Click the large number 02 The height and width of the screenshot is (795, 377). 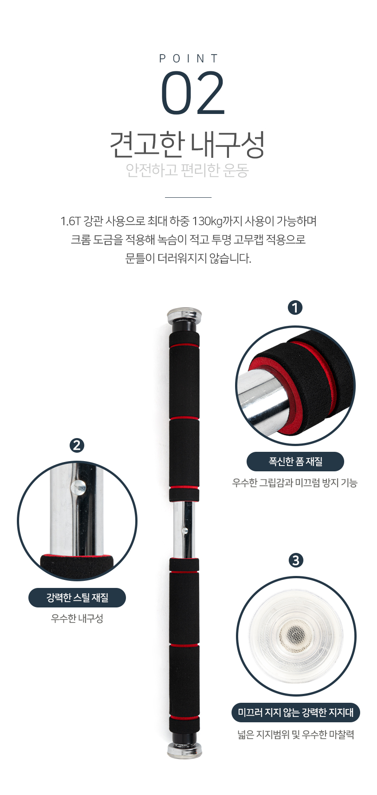[x=193, y=93]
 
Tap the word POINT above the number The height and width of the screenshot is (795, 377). [x=189, y=59]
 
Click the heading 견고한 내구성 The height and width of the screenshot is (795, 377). [x=187, y=145]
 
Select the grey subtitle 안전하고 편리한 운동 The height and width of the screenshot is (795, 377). [x=187, y=170]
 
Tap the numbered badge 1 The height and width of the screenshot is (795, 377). [x=295, y=307]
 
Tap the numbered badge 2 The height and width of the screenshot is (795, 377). [x=77, y=445]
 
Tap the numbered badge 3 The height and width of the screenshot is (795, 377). [x=296, y=560]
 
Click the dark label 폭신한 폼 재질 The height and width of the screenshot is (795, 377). [x=295, y=462]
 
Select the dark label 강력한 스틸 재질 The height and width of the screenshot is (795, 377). [x=77, y=598]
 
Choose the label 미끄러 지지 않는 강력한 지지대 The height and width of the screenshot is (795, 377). [x=296, y=713]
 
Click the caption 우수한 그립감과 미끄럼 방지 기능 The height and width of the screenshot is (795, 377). [x=295, y=482]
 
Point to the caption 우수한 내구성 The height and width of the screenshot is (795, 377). [x=77, y=619]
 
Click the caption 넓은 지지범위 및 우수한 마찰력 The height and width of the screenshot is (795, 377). [x=296, y=735]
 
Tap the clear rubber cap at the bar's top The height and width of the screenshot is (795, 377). [x=184, y=315]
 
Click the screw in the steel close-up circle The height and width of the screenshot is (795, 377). [x=79, y=487]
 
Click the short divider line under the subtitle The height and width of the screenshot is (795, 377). [x=188, y=197]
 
